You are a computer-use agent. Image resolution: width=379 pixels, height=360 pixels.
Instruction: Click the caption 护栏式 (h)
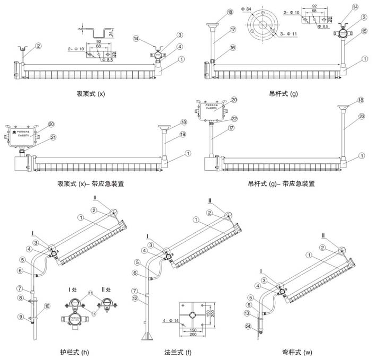click(75, 352)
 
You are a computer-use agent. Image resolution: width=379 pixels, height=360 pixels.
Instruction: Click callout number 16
click(218, 48)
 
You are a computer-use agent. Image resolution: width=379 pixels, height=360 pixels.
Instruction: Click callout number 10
click(47, 305)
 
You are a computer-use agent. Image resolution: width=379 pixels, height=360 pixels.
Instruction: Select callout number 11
click(91, 292)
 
